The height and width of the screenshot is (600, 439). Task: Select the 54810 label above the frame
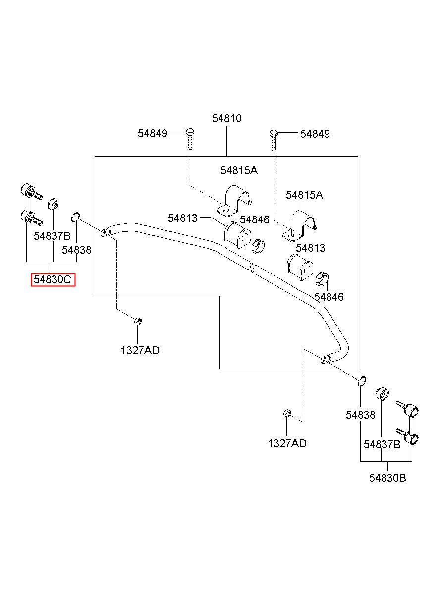point(226,118)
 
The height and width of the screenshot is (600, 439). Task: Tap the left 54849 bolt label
point(153,133)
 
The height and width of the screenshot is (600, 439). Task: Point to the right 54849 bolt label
point(315,134)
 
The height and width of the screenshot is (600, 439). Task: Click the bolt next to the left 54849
point(190,139)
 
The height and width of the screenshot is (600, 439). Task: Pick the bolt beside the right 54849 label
point(274,140)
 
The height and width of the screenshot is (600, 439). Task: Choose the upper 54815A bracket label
point(239,170)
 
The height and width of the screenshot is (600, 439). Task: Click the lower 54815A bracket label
point(304,195)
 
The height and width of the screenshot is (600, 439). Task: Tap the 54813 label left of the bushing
point(183,218)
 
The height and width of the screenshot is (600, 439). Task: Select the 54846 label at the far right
point(329,297)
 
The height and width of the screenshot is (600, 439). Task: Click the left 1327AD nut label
point(140,350)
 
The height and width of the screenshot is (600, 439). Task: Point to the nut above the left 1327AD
point(138,321)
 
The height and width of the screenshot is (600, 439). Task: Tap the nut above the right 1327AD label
point(287,413)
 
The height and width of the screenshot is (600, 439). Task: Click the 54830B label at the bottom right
point(387,478)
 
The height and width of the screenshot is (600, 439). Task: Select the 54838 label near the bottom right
point(360,415)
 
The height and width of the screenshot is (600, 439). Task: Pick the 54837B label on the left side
point(52,236)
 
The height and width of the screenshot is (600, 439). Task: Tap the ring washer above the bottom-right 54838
point(362,381)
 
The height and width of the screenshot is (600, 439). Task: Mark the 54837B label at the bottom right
point(382,444)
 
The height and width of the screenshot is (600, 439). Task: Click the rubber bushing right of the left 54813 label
point(237,235)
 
